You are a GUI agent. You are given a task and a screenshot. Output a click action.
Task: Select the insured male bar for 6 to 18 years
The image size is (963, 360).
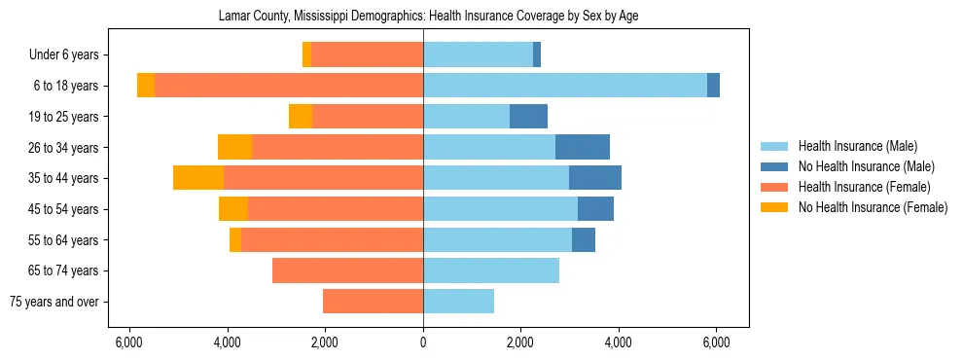pyautogui.click(x=564, y=86)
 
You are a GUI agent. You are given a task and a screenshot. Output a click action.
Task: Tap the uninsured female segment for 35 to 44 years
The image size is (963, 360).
pyautogui.click(x=198, y=178)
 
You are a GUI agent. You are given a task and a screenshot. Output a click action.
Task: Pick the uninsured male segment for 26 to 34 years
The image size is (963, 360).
pyautogui.click(x=582, y=147)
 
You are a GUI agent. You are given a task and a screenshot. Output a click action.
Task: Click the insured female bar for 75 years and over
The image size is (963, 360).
pyautogui.click(x=373, y=302)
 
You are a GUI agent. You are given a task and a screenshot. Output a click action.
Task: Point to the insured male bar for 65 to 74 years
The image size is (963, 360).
pyautogui.click(x=491, y=270)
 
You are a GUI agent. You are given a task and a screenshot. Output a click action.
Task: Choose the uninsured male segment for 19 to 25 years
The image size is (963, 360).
pyautogui.click(x=528, y=117)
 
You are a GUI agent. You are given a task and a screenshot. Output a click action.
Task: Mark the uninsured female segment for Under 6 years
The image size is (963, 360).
pyautogui.click(x=306, y=54)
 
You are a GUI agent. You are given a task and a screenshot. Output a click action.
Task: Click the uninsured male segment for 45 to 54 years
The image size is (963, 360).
pyautogui.click(x=595, y=209)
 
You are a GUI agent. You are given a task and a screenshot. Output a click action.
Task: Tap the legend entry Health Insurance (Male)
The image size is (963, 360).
pyautogui.click(x=857, y=146)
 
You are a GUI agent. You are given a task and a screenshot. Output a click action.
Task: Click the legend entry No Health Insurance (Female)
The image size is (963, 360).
pyautogui.click(x=872, y=207)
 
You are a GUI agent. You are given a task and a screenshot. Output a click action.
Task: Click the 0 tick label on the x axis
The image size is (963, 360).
pyautogui.click(x=423, y=342)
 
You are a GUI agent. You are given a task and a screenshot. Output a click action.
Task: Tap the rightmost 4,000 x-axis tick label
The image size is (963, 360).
pyautogui.click(x=619, y=342)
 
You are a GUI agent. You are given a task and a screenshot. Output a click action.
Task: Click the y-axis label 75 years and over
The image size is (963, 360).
pyautogui.click(x=53, y=302)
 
